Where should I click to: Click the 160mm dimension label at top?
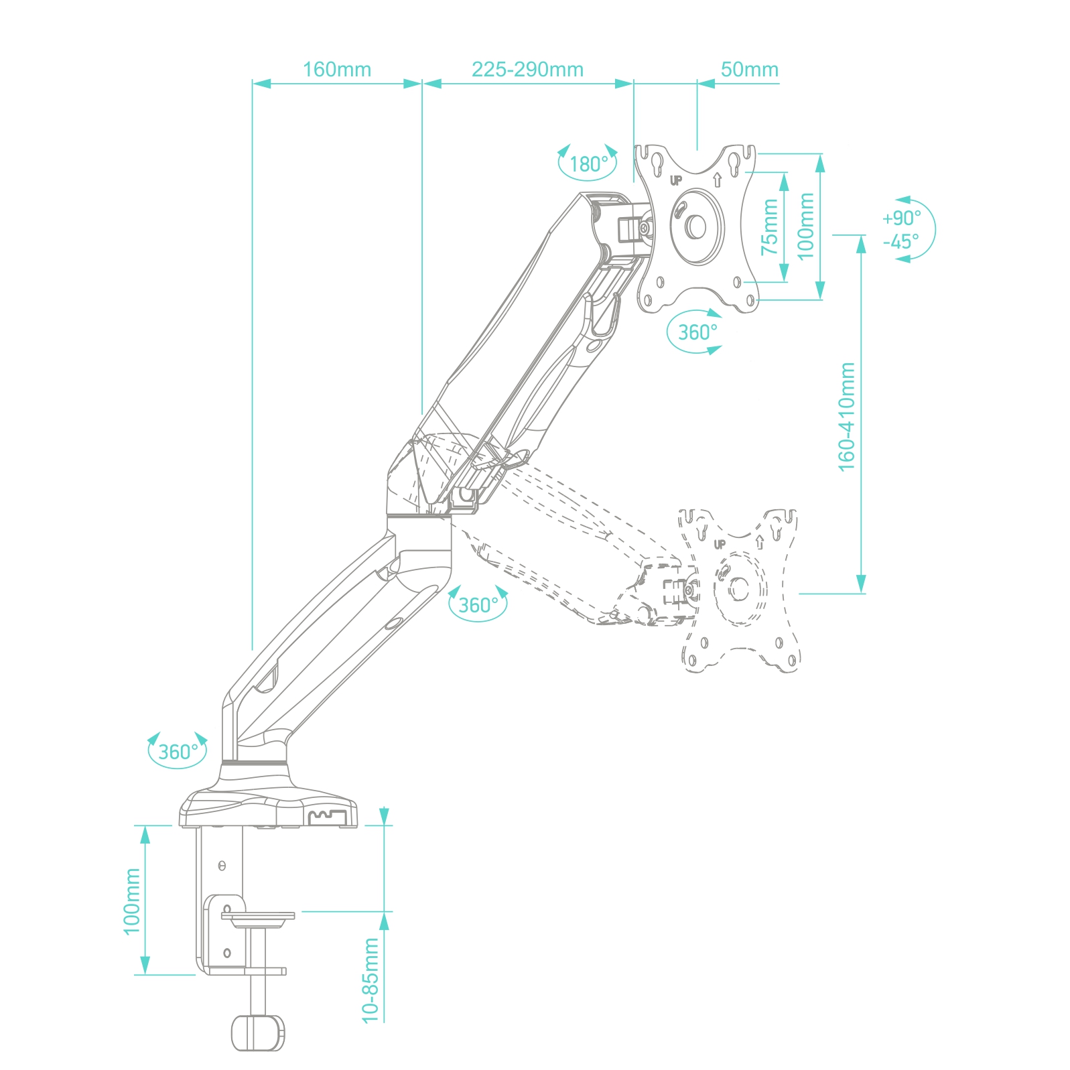336,70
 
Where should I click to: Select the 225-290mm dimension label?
527,70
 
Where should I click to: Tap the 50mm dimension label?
749,70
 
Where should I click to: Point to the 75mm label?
770,226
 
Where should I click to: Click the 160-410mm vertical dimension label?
847,416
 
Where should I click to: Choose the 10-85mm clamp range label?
371,980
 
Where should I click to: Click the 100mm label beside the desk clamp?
132,900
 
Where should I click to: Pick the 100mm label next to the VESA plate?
806,226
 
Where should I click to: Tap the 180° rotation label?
588,164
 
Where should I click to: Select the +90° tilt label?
901,218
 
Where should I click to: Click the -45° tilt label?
901,241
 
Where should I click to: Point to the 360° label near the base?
178,752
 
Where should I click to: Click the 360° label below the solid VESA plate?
697,332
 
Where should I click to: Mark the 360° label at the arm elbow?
478,605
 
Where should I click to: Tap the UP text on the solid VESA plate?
676,180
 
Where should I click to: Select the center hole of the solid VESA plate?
696,226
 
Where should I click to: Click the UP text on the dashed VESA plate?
720,544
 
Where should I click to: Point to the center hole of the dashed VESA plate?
738,588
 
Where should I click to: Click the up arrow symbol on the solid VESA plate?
717,180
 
